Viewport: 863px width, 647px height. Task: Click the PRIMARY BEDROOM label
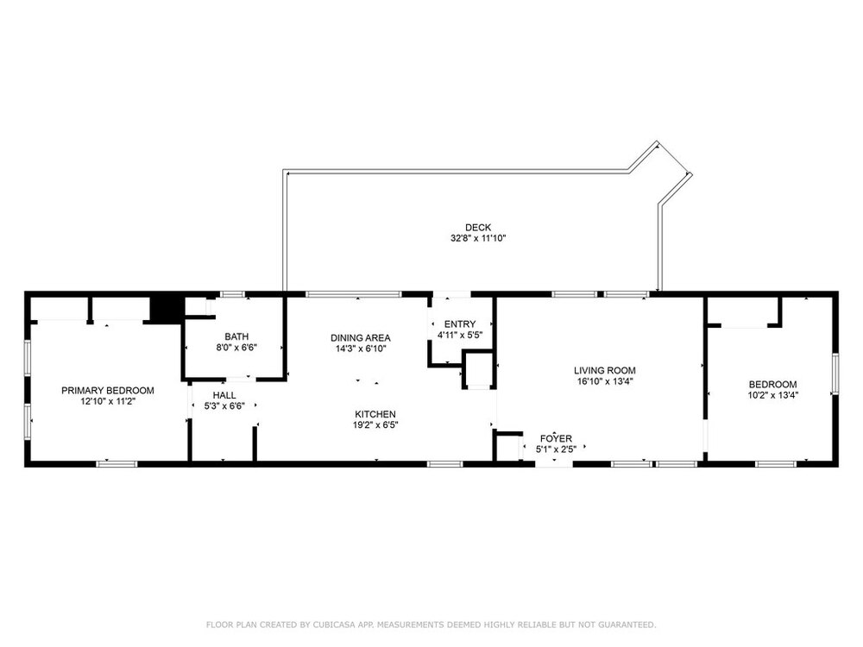(x=108, y=391)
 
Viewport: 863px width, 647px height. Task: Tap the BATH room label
(x=236, y=336)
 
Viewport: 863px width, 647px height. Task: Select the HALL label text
(x=224, y=395)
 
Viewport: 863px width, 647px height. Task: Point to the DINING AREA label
(x=361, y=338)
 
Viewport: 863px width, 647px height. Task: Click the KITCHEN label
(x=375, y=414)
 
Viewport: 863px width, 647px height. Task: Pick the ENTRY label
(x=460, y=324)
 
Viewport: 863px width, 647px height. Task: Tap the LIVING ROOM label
(x=605, y=371)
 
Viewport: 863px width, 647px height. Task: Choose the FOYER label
(x=556, y=438)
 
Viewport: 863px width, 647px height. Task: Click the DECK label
(x=478, y=227)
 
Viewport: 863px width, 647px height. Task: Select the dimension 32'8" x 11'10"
(x=478, y=238)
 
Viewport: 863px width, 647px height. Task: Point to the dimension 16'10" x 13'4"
(x=605, y=381)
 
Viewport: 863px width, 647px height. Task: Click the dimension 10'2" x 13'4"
(x=772, y=395)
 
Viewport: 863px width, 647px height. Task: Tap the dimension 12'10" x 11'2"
(x=108, y=402)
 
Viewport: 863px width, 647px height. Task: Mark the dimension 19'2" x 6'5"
(x=375, y=424)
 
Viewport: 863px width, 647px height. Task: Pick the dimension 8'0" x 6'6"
(x=236, y=348)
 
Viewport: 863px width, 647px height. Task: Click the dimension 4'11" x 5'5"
(x=460, y=335)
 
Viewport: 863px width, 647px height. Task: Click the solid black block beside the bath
(x=167, y=309)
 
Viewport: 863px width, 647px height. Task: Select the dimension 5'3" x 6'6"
(x=224, y=406)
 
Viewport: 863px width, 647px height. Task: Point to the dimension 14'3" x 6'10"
(x=361, y=349)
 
